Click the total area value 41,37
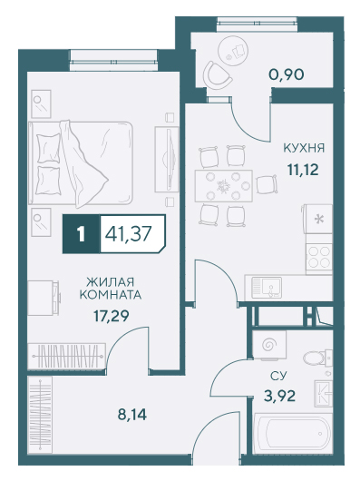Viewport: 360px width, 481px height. (129, 234)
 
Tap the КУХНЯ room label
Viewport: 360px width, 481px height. (304, 148)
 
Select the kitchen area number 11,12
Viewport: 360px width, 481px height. (303, 169)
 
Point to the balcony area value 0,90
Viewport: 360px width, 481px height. (287, 74)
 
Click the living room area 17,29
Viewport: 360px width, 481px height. (112, 316)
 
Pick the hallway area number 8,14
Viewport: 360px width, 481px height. (132, 415)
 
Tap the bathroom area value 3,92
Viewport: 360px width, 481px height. (279, 396)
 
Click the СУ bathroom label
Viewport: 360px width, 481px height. (278, 376)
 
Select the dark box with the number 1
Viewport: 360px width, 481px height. (82, 234)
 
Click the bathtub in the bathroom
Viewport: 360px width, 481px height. (293, 433)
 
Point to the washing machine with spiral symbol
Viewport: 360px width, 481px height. (269, 345)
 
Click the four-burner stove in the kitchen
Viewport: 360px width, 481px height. (319, 257)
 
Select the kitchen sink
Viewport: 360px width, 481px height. (267, 288)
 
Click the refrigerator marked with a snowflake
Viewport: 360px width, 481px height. (319, 219)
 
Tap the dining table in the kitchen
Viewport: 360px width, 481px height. (223, 185)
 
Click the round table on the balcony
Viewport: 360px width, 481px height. (233, 51)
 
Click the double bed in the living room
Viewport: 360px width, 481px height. (81, 162)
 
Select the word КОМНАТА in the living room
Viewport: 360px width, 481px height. (111, 295)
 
